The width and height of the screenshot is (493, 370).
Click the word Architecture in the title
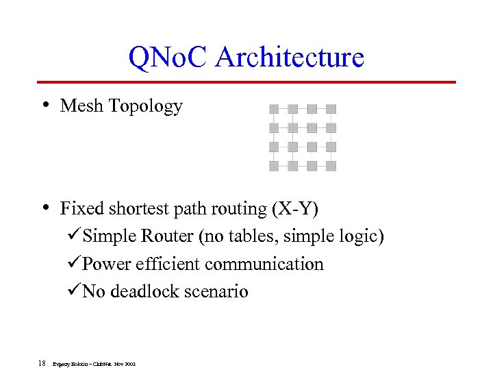click(x=289, y=57)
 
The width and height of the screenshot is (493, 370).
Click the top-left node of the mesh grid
click(x=274, y=108)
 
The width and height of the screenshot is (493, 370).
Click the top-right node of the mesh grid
click(x=331, y=108)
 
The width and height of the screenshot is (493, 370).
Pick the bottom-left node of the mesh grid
click(x=274, y=166)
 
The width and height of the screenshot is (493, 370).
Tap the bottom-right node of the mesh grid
click(x=331, y=166)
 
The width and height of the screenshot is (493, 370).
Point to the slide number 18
click(x=42, y=363)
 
